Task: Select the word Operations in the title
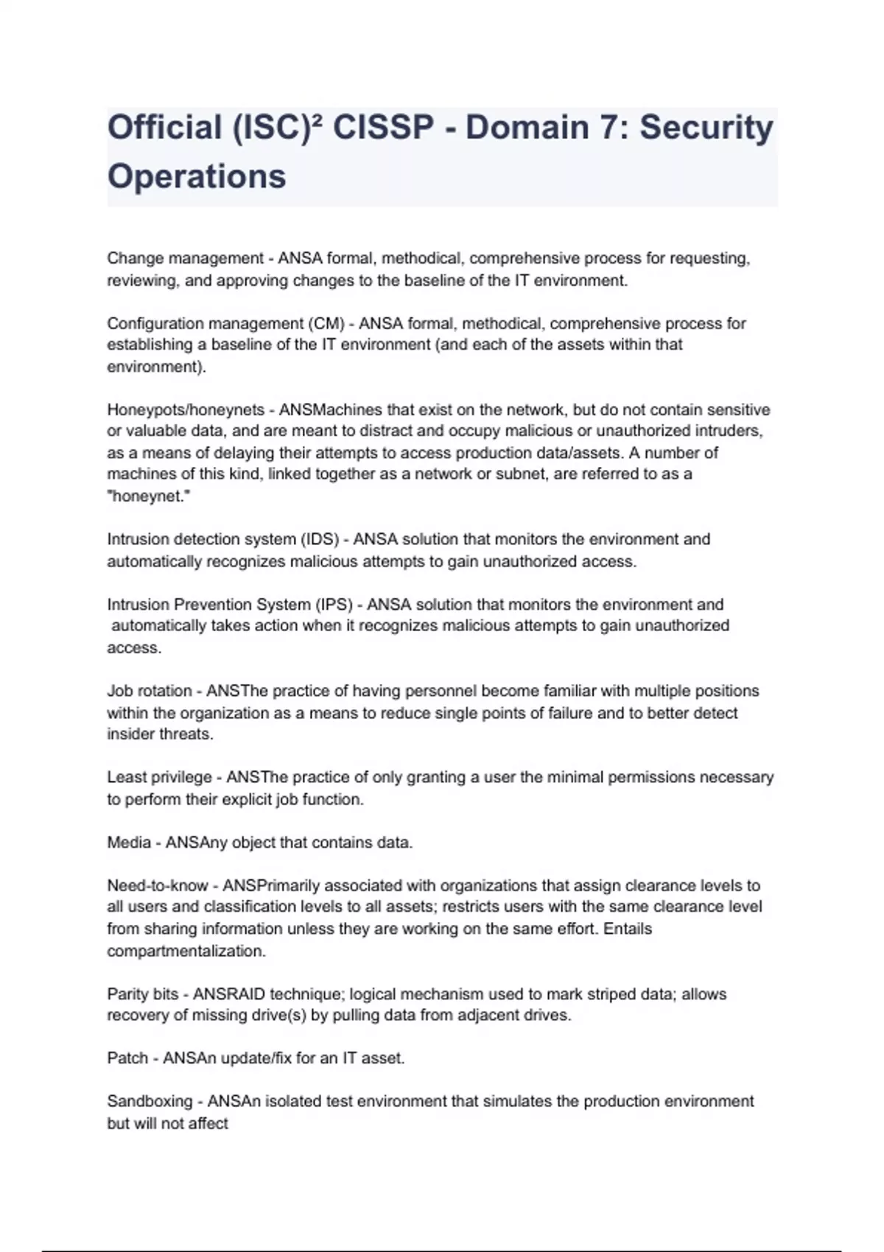[197, 177]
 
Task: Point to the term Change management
[185, 259]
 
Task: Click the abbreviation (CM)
[328, 323]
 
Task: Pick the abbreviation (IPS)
[334, 605]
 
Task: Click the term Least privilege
[159, 777]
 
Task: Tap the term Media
[129, 843]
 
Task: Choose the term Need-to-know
[158, 885]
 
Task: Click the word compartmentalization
[186, 951]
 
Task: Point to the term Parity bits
[143, 994]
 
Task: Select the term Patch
[127, 1058]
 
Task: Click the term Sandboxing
[150, 1102]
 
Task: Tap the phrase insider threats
[160, 734]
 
